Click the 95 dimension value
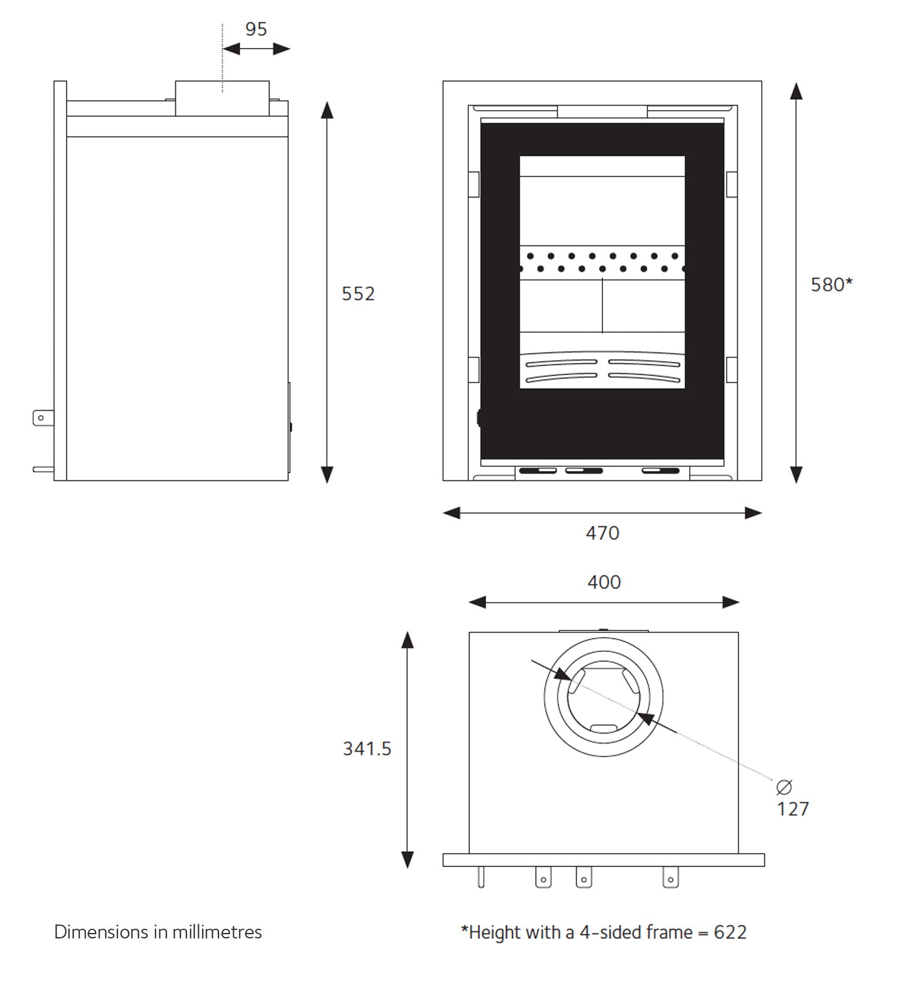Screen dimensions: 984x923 256,30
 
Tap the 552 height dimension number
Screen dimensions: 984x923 358,294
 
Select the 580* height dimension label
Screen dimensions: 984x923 831,285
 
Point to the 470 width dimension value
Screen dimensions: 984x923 602,533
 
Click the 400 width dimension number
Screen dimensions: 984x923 604,582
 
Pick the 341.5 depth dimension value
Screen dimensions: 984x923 367,748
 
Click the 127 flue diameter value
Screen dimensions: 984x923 793,809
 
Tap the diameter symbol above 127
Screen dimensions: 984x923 784,787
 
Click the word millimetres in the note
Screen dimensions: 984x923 217,932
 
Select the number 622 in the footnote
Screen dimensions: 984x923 730,932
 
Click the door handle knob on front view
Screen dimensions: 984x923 479,418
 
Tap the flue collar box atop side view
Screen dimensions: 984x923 222,98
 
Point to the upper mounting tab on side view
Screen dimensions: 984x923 42,418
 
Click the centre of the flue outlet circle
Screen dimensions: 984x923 604,697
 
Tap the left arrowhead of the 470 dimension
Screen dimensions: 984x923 452,513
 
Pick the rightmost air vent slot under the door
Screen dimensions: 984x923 660,471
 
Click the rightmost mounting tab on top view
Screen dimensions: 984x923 671,878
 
